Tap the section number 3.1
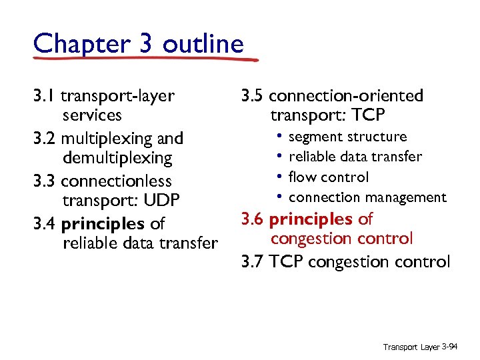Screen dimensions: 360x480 pyautogui.click(x=44, y=96)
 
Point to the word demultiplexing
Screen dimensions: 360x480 pyautogui.click(x=117, y=158)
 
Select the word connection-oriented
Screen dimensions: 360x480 pyautogui.click(x=346, y=96)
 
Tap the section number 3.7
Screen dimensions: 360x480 pyautogui.click(x=253, y=261)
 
